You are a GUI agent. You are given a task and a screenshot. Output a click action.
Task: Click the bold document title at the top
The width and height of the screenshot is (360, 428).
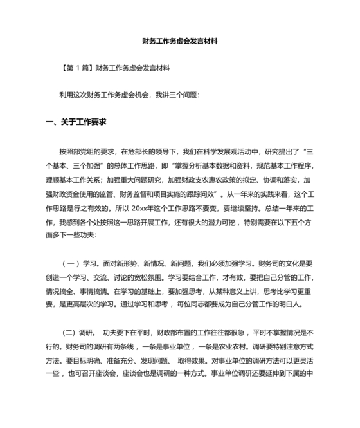180,40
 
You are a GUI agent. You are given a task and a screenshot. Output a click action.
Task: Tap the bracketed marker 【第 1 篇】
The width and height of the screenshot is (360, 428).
76,67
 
